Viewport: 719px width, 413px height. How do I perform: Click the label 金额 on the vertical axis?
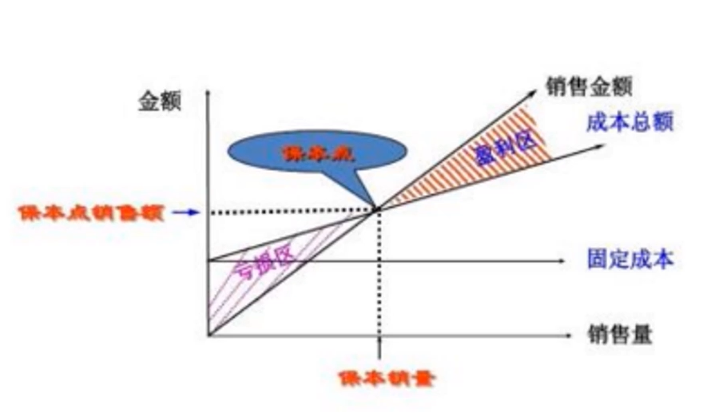tap(160, 101)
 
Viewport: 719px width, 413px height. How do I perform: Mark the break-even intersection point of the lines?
tap(377, 211)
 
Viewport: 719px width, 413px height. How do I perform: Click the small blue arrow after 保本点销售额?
tap(184, 212)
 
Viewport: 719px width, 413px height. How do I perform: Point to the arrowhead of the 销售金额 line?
tap(534, 89)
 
